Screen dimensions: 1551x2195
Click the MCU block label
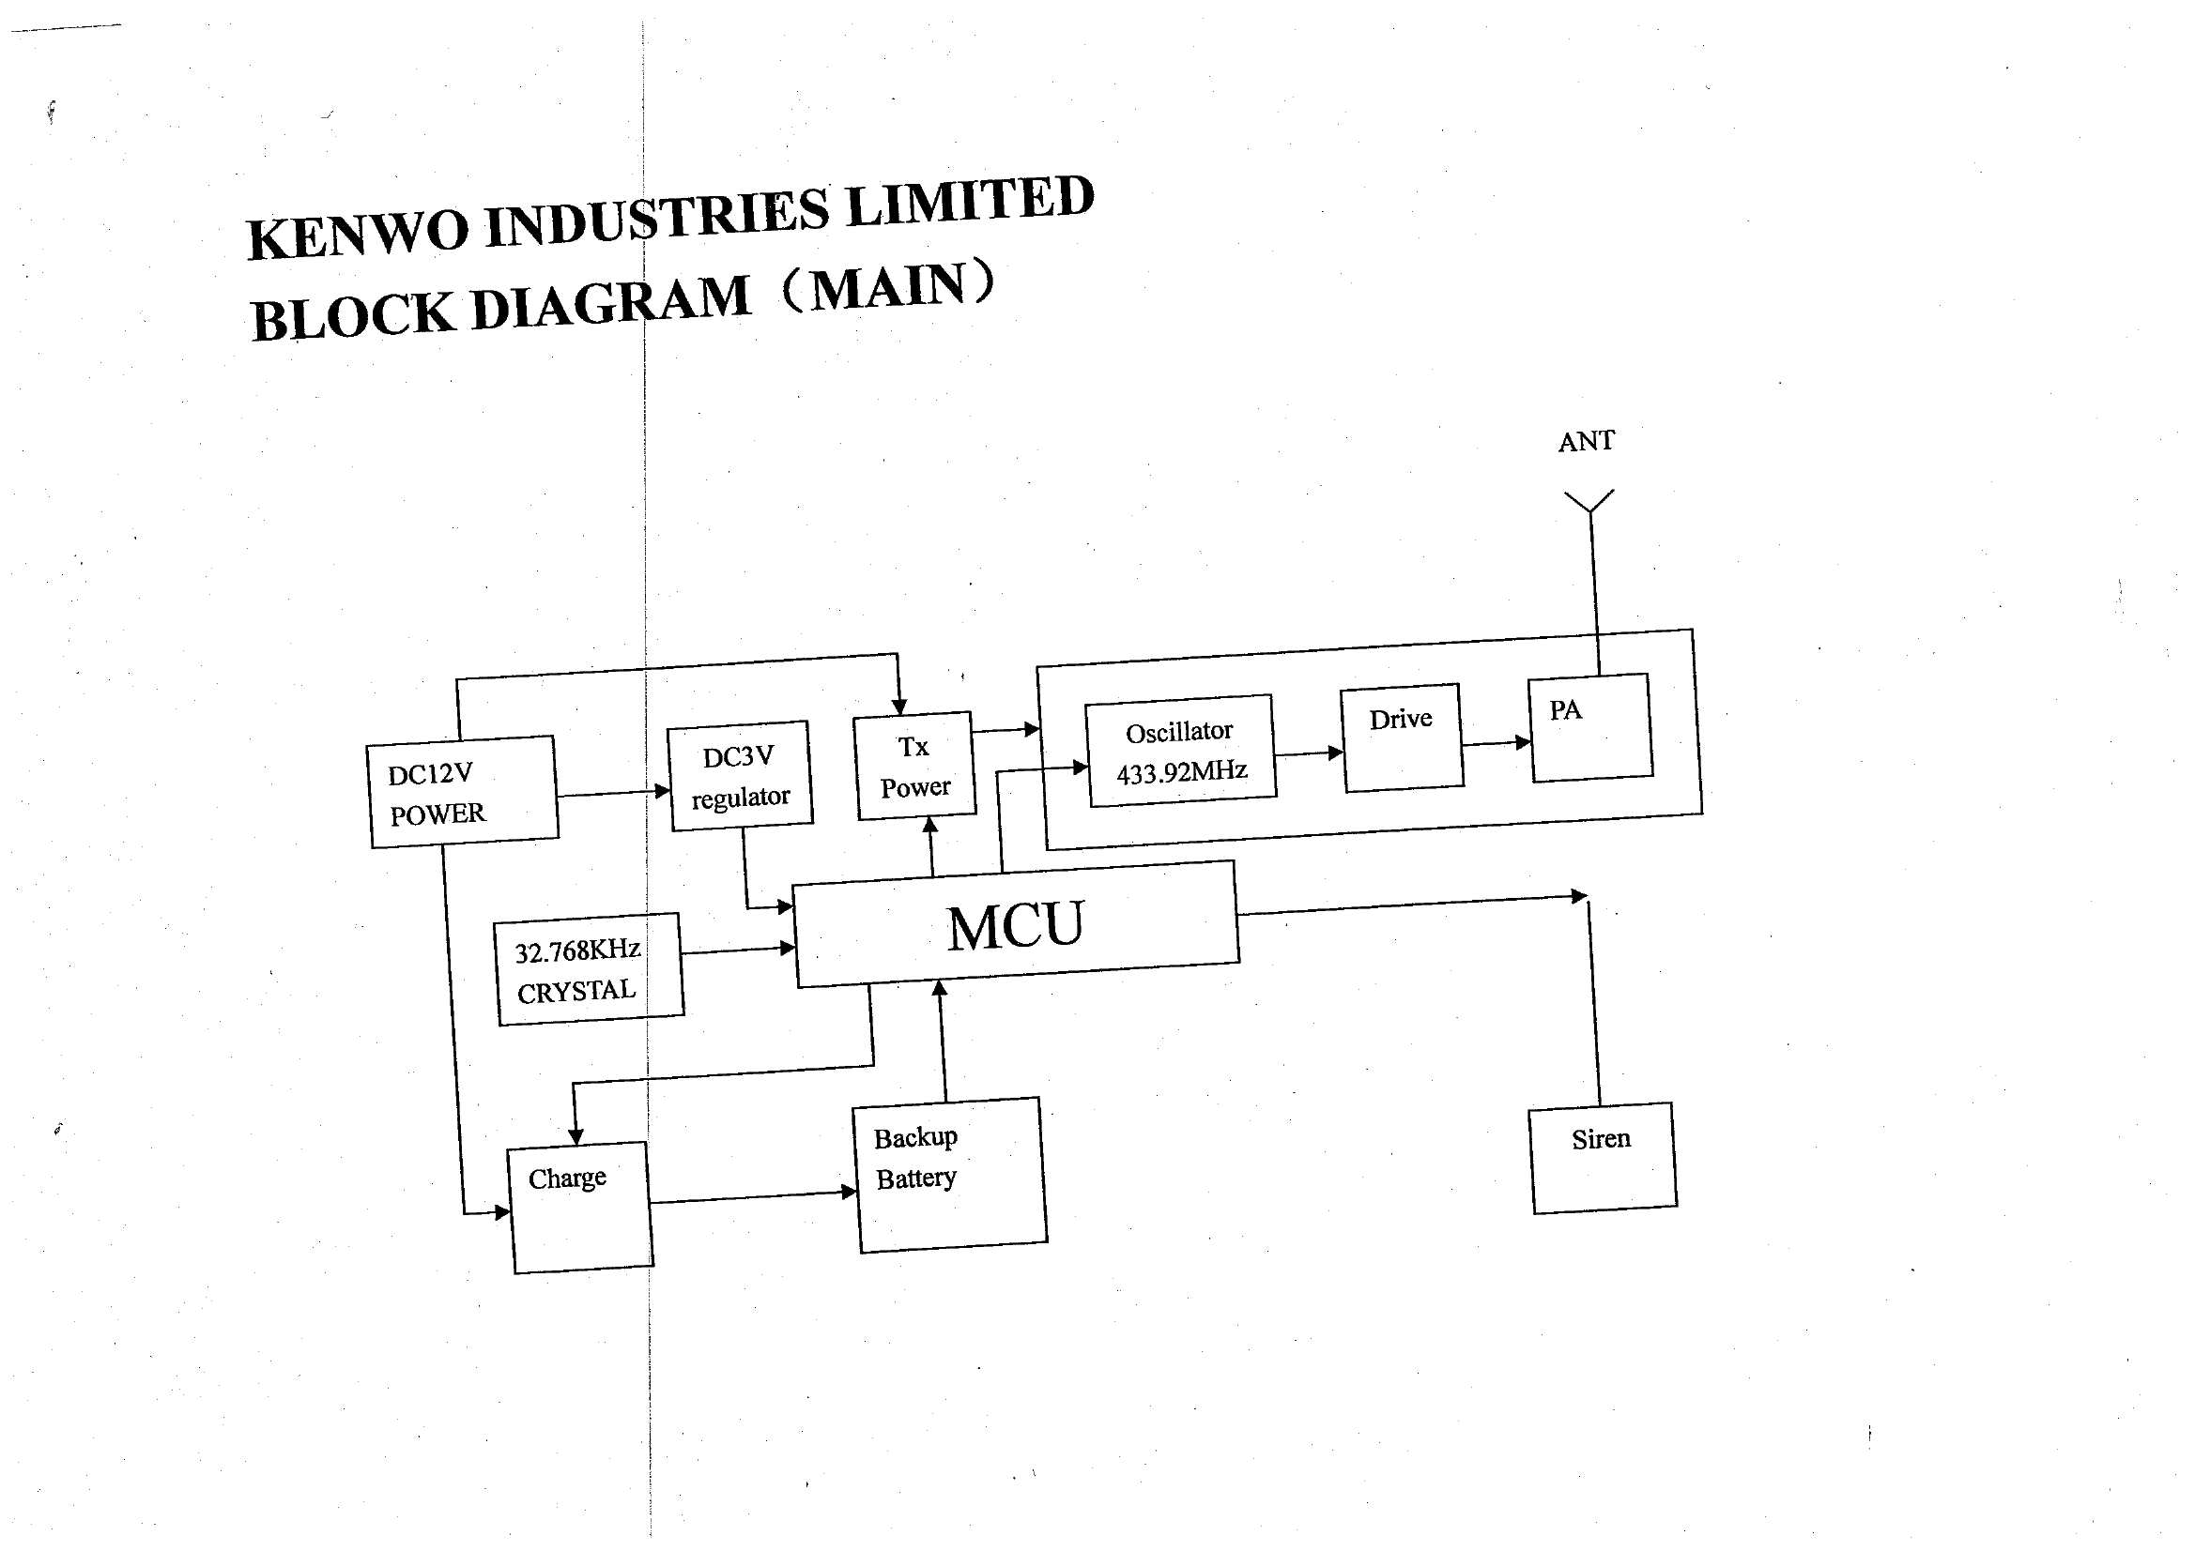coord(1015,925)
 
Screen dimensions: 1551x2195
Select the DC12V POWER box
coord(463,791)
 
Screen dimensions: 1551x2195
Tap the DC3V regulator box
coord(740,776)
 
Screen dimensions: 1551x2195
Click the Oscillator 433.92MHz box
coord(1181,752)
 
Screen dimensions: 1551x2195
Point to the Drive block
coord(1403,737)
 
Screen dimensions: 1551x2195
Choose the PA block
coord(1590,727)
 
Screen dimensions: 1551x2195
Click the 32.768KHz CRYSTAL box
coord(590,969)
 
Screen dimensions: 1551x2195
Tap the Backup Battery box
coord(949,1175)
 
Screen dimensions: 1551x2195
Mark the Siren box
coord(1604,1157)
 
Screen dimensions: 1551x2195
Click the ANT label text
coord(1586,442)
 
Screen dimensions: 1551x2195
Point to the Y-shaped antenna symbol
coord(1589,502)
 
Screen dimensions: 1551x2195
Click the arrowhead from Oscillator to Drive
coord(1337,753)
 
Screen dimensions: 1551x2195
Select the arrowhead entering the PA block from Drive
coord(1524,742)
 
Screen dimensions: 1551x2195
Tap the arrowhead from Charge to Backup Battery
coord(849,1192)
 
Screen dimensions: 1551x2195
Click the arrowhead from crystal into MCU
coord(788,948)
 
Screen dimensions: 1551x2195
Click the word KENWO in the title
coord(359,235)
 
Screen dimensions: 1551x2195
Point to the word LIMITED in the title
coord(971,203)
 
